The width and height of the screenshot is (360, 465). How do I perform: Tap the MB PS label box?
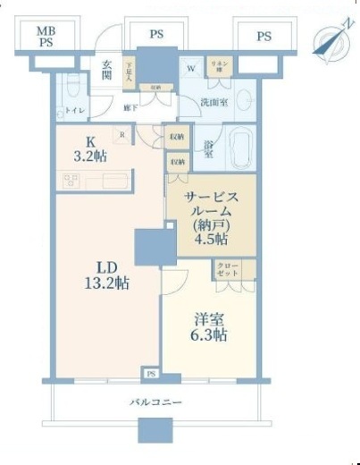(46, 38)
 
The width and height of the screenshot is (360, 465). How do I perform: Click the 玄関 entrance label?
(106, 68)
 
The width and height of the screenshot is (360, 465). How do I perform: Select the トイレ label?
(71, 111)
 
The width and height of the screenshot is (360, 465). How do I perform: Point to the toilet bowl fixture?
(71, 89)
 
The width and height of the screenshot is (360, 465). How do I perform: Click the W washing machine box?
(191, 69)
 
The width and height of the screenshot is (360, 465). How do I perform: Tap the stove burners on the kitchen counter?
(71, 180)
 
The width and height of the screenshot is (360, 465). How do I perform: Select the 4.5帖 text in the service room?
(211, 239)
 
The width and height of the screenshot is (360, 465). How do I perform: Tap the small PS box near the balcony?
(151, 373)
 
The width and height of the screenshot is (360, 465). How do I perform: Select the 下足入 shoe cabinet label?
(130, 71)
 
